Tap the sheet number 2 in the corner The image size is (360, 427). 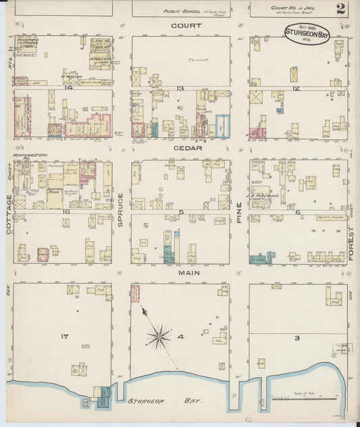pyautogui.click(x=340, y=8)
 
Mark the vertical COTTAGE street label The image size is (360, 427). pyautogui.click(x=9, y=215)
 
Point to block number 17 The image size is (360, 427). pyautogui.click(x=65, y=336)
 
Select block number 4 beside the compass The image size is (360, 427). pyautogui.click(x=181, y=336)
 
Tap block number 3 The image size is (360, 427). pyautogui.click(x=297, y=337)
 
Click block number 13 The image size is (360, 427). pyautogui.click(x=180, y=89)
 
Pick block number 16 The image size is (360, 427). pyautogui.click(x=66, y=211)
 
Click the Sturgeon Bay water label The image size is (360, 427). pyautogui.click(x=165, y=401)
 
